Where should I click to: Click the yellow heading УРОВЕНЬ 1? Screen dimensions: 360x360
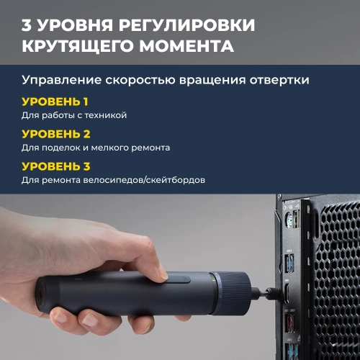click(x=55, y=101)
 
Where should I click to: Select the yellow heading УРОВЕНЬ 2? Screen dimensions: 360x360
click(x=55, y=134)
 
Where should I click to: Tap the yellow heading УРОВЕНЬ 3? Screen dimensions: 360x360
click(x=55, y=166)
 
